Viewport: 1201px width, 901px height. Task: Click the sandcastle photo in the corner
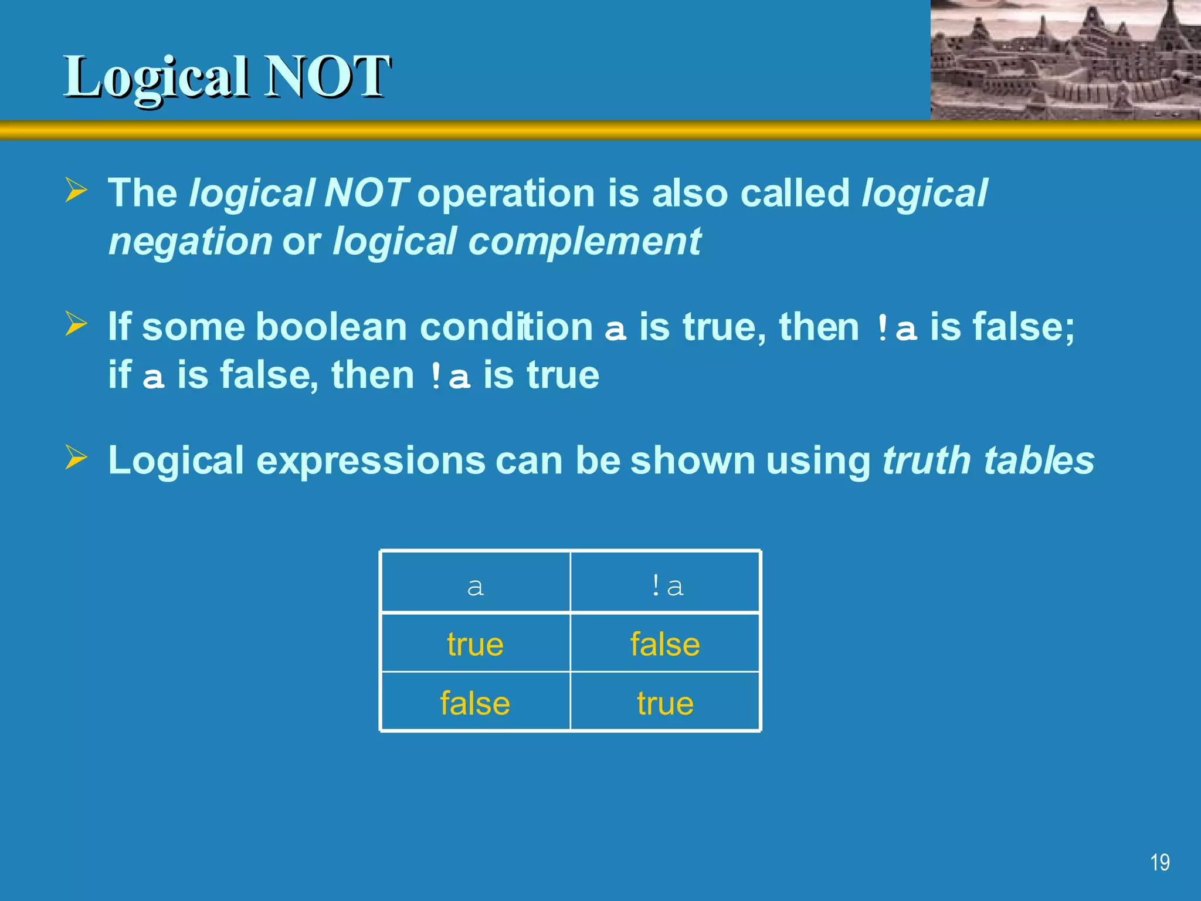(x=1065, y=60)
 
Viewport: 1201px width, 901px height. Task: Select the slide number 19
(x=1159, y=862)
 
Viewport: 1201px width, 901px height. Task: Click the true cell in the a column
(x=475, y=644)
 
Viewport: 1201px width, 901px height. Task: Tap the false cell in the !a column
(x=665, y=644)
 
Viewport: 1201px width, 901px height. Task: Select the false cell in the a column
(x=475, y=703)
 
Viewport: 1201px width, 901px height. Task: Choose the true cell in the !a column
(x=665, y=703)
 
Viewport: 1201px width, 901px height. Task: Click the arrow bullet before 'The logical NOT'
(x=76, y=191)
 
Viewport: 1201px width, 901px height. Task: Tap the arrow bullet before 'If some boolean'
(x=76, y=324)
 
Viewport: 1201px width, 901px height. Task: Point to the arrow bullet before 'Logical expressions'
(x=76, y=458)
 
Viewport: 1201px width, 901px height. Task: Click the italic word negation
(x=190, y=242)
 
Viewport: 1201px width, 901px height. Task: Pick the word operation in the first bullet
(x=506, y=193)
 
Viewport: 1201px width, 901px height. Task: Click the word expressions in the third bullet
(x=371, y=461)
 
